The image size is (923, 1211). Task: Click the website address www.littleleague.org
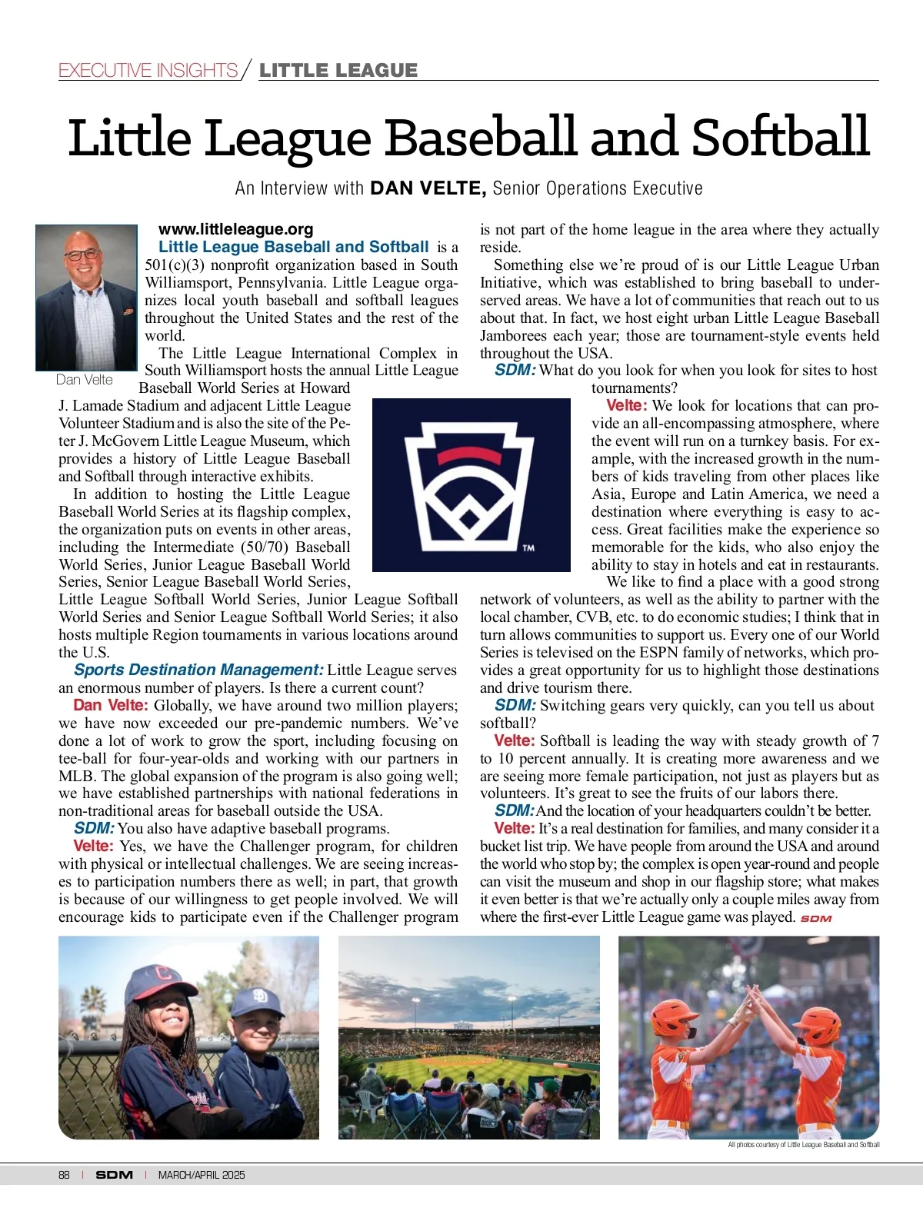(x=235, y=229)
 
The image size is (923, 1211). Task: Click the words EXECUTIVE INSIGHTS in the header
(x=148, y=71)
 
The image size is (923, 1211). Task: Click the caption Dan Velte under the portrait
(x=85, y=380)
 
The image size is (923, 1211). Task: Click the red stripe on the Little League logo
(x=471, y=454)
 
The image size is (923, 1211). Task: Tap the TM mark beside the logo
(x=528, y=548)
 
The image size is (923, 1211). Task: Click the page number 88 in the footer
(x=64, y=1175)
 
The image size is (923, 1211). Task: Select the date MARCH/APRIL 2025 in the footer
(x=202, y=1175)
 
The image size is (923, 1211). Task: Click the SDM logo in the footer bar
(x=114, y=1175)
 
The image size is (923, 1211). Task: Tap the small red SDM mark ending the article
(x=816, y=918)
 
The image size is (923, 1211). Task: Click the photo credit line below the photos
(x=803, y=1145)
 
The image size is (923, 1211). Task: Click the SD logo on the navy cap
(x=259, y=997)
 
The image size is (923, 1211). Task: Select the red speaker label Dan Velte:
(x=110, y=706)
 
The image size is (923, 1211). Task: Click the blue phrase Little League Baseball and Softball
(x=293, y=247)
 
